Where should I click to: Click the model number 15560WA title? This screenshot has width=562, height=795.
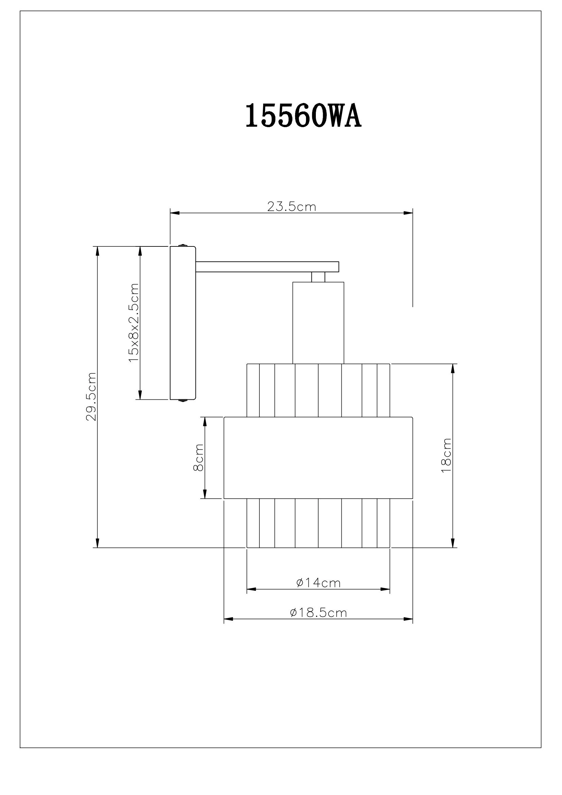click(303, 116)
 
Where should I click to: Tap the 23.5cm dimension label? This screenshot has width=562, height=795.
click(292, 207)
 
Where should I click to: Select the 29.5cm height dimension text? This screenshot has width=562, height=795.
click(91, 396)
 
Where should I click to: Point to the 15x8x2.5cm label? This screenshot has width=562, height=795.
click(134, 323)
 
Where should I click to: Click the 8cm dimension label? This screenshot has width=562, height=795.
click(198, 457)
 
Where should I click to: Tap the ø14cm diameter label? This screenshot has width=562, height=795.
click(319, 583)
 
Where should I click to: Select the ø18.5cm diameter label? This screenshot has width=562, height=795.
click(319, 613)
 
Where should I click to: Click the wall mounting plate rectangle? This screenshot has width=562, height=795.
click(183, 323)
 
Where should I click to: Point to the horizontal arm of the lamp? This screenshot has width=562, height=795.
click(267, 266)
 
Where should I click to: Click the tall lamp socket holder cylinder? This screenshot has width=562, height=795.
click(318, 322)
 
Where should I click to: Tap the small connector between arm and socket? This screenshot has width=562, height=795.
click(318, 277)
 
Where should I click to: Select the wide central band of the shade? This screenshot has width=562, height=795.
click(318, 458)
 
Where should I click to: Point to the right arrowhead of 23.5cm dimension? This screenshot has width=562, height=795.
click(409, 213)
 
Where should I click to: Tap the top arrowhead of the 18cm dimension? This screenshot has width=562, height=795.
click(453, 368)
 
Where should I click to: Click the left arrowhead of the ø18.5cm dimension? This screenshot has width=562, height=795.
click(228, 619)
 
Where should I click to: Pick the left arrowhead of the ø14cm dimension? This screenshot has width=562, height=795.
click(251, 589)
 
